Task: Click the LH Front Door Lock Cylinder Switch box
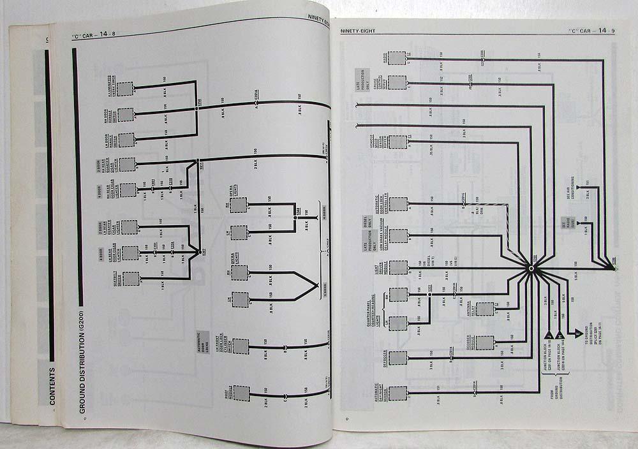click(x=241, y=345)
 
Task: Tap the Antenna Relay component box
click(x=485, y=309)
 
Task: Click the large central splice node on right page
click(x=531, y=270)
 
